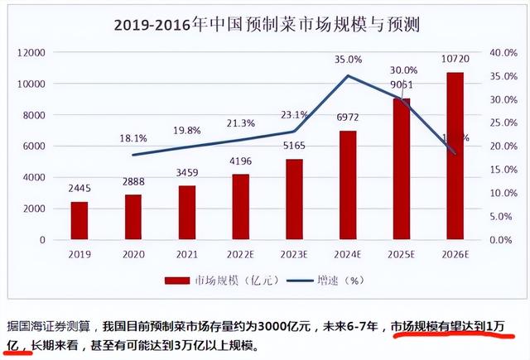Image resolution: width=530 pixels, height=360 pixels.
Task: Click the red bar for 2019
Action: point(79,220)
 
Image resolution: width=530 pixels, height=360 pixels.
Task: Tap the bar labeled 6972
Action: point(348,185)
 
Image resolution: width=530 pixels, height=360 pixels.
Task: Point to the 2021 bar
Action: point(186,213)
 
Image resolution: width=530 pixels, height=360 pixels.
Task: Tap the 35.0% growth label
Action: point(349,60)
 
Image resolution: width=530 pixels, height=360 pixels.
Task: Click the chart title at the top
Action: point(266,25)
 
